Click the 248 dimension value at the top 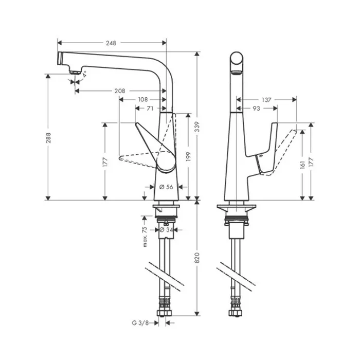click(111, 43)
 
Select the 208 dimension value click(120, 91)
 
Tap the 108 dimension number click(142, 100)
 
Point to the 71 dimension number click(150, 108)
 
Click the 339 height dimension click(197, 127)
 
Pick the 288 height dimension click(48, 137)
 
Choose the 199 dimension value click(188, 156)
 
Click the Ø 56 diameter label click(166, 187)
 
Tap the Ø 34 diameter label click(166, 229)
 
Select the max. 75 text click(145, 237)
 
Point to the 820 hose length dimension click(197, 258)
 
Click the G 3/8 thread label click(140, 323)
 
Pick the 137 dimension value click(266, 100)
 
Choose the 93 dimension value click(256, 109)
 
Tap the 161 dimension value click(302, 165)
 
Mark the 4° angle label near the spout click(84, 75)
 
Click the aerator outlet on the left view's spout click(75, 73)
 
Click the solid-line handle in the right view click(266, 149)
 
